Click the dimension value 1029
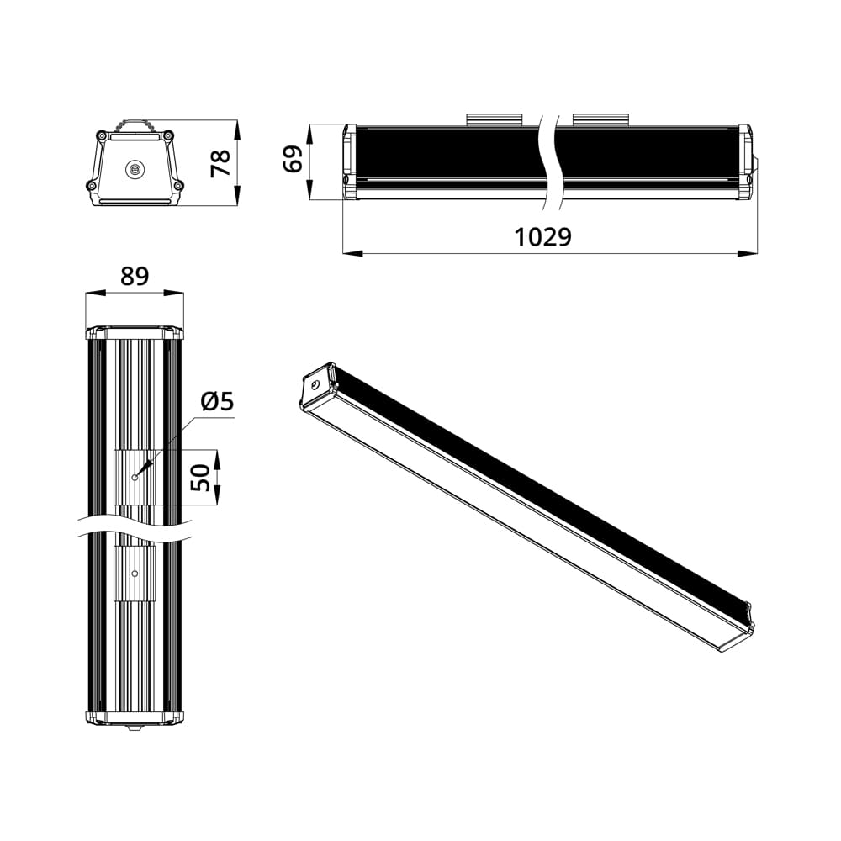coord(542,237)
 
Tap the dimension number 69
coord(293,158)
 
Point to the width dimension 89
coord(135,277)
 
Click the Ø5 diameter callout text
coord(216,403)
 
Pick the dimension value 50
coord(200,477)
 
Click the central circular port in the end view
coord(134,170)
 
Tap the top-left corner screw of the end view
coord(102,135)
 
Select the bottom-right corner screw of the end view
coord(177,186)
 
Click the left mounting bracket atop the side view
coord(494,119)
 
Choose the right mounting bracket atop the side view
coord(600,119)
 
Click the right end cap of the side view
coord(744,162)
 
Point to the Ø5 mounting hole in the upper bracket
coord(135,477)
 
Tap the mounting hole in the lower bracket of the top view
coord(135,574)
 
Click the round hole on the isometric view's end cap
coord(315,384)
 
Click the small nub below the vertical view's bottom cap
coord(135,727)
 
